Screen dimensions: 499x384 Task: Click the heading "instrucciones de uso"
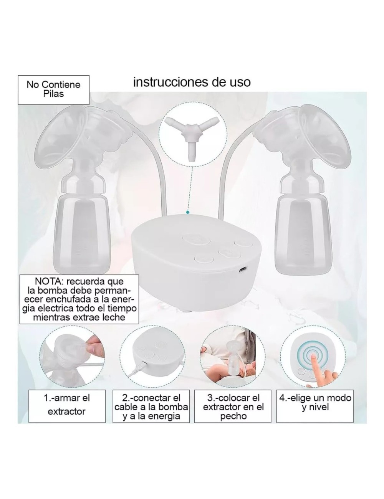192,82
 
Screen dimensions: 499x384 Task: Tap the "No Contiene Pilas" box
53,89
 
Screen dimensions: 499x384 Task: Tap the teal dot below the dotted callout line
188,211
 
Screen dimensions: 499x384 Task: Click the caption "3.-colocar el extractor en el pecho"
233,407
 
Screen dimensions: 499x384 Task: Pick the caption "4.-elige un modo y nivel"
315,402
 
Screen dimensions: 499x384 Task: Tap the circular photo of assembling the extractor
72,360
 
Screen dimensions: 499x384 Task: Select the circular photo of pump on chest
232,360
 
